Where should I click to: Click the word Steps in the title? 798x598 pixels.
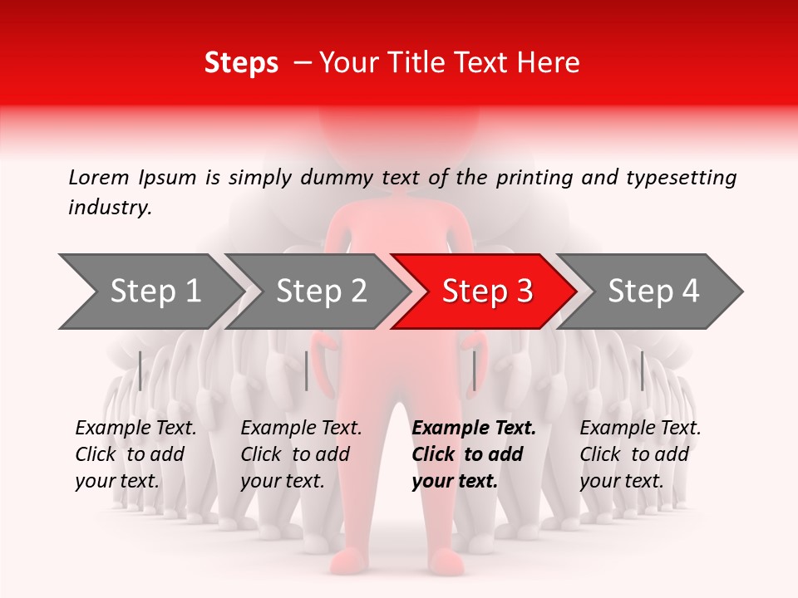241,62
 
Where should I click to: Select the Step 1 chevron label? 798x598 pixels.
155,291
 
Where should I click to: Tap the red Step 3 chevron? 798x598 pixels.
487,291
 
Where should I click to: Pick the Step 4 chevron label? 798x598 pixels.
653,291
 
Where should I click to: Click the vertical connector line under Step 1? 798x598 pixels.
140,370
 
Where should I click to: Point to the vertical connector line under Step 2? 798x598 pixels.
307,370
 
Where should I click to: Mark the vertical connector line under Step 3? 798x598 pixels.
474,370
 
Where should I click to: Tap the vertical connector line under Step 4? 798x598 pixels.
642,370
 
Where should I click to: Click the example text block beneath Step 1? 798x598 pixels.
135,454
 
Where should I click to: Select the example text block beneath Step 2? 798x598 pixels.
301,454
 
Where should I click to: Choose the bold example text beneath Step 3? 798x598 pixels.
474,454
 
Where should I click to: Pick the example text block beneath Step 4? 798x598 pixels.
640,454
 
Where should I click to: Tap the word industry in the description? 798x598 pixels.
110,208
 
